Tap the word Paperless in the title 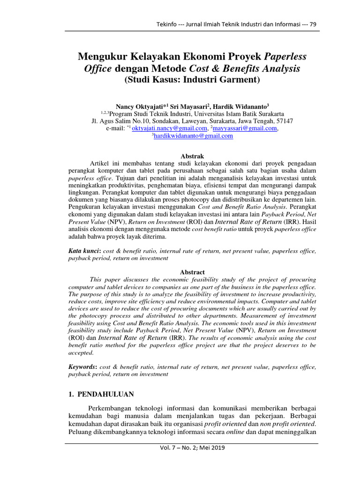click(285, 57)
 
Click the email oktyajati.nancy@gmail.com click(170, 128)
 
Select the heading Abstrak click(193, 155)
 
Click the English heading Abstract click(193, 272)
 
